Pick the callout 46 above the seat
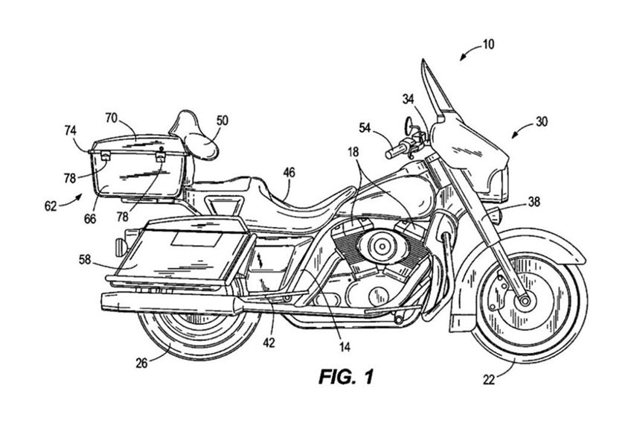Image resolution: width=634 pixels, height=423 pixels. click(288, 173)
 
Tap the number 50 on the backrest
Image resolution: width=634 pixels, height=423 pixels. click(223, 119)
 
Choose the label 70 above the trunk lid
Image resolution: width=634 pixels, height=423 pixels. click(111, 117)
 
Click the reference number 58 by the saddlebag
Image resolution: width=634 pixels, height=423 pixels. click(87, 259)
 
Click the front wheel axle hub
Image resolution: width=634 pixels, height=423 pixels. click(524, 299)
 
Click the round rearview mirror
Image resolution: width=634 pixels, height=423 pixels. click(408, 121)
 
